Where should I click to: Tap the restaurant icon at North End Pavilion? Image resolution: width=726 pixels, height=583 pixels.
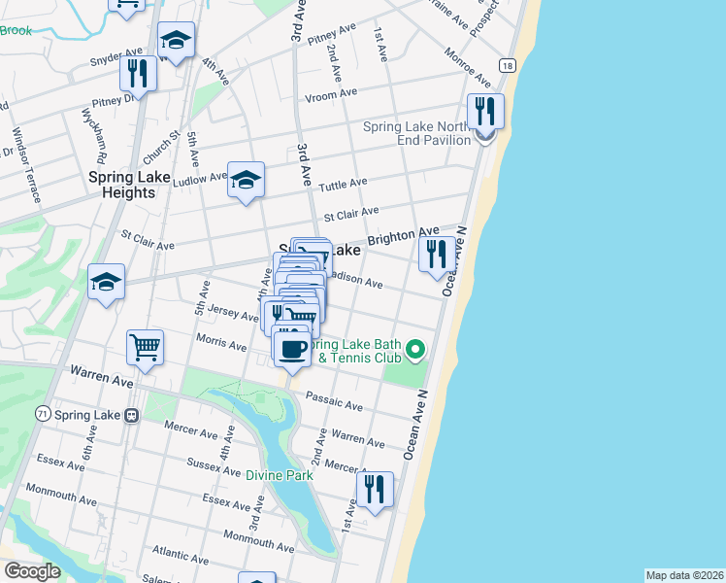pos(485,113)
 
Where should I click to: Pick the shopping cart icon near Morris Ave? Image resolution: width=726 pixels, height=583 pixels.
pos(145,347)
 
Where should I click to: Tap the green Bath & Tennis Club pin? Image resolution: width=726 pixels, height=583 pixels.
pos(415,348)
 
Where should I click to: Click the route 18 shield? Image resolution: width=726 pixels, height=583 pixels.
pos(507,65)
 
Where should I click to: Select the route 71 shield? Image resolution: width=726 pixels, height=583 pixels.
pos(42,414)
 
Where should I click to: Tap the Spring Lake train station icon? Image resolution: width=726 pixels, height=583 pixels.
pos(130,415)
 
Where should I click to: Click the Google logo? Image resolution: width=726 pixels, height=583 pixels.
pos(32,571)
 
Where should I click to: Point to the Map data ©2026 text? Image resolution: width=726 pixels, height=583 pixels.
pos(684,575)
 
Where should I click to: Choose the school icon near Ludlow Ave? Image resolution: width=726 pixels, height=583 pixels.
pos(246,180)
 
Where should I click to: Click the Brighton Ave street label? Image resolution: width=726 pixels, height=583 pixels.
pos(403,237)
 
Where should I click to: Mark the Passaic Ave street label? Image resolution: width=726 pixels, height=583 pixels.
pos(333,401)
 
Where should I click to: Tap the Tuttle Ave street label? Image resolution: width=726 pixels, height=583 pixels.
pos(345,184)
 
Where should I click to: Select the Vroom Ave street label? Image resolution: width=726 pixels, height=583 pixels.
pos(330,95)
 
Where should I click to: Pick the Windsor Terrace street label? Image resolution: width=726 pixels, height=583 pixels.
pos(25,164)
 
